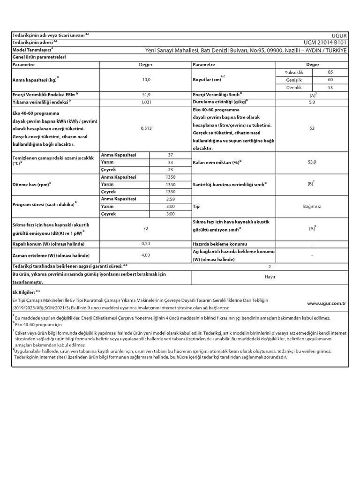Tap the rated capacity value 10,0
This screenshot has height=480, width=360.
tap(146, 80)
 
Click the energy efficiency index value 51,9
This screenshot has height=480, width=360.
tap(146, 94)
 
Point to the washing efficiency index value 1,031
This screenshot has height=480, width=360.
tap(146, 101)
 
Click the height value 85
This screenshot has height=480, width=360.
tap(330, 73)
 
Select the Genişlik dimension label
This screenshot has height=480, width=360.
tap(294, 80)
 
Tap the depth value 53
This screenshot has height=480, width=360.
tap(330, 87)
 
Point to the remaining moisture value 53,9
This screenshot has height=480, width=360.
tap(311, 162)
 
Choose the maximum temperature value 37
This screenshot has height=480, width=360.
tap(170, 155)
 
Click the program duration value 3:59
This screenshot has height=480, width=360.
tap(170, 199)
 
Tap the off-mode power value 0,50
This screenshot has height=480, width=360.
tap(146, 244)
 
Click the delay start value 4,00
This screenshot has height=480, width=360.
tap(146, 255)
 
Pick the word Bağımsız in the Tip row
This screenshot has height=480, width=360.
tap(311, 206)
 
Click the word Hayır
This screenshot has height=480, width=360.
tap(270, 277)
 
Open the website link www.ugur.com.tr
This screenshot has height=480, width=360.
tap(326, 304)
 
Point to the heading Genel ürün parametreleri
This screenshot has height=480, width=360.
tap(39, 57)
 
